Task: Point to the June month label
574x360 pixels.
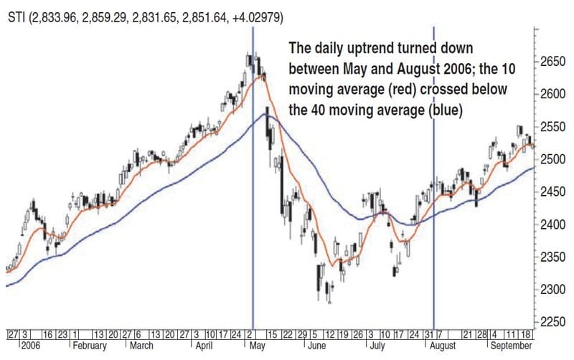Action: (x=319, y=346)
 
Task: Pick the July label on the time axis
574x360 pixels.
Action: (x=378, y=346)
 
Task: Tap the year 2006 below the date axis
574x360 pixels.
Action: (x=32, y=346)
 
